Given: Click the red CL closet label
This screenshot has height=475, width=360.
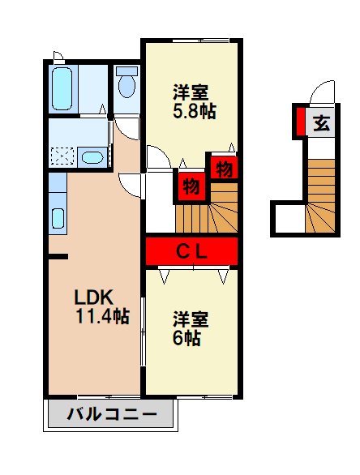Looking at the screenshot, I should (192, 250).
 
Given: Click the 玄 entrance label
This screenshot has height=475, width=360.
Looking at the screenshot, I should (321, 123).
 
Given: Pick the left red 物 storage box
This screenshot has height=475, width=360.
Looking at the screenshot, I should (190, 186).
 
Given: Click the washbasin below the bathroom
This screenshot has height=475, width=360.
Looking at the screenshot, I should (92, 156).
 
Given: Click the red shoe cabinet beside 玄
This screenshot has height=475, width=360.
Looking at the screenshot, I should (300, 122).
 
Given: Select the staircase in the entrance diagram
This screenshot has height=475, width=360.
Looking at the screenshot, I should (319, 195).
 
